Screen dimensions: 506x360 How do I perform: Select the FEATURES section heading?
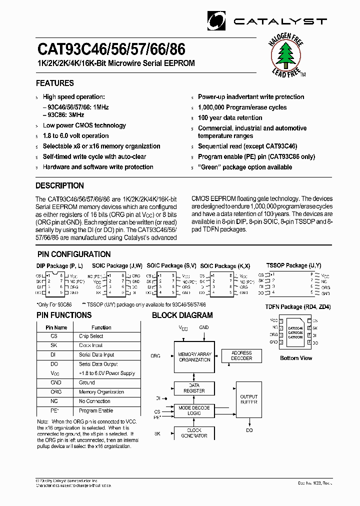coord(55,83)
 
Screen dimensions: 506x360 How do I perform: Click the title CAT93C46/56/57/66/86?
coord(111,49)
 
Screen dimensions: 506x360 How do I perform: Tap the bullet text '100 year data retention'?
coord(230,117)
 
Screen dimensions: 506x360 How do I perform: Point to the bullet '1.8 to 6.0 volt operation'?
coord(75,136)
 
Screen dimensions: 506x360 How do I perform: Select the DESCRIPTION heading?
coord(59,185)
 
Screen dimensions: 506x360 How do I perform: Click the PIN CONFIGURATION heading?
coord(73,254)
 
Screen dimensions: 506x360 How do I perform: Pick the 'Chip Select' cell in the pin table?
coord(91,336)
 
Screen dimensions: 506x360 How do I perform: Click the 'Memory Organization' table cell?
coord(101,392)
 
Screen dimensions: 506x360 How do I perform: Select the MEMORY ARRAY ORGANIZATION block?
coord(194,357)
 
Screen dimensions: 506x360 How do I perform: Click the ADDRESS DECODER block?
coord(242,355)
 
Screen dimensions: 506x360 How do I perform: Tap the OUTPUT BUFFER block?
coord(248,399)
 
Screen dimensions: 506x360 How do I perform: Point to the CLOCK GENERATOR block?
coord(194,433)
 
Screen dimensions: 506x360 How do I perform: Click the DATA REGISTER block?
coord(194,388)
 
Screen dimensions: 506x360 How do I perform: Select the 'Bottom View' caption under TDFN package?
coord(296,358)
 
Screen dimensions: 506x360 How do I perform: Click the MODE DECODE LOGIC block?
coord(194,410)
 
